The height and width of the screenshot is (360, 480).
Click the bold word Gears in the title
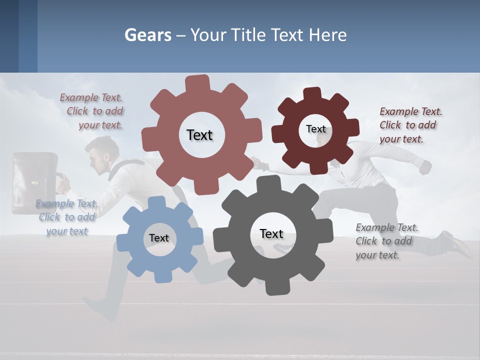click(148, 35)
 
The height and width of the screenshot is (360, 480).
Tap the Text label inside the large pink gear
click(199, 135)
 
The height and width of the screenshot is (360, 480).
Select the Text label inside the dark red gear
click(315, 129)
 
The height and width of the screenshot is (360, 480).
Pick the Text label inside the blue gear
click(159, 238)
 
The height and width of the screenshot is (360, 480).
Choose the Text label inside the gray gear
click(271, 233)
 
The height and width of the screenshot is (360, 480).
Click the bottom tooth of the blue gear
click(160, 276)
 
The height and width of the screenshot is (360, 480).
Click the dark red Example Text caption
click(410, 125)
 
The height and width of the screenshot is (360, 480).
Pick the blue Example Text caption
click(67, 217)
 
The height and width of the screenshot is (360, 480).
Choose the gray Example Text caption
click(386, 241)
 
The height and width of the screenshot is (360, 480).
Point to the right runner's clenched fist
click(425, 167)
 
